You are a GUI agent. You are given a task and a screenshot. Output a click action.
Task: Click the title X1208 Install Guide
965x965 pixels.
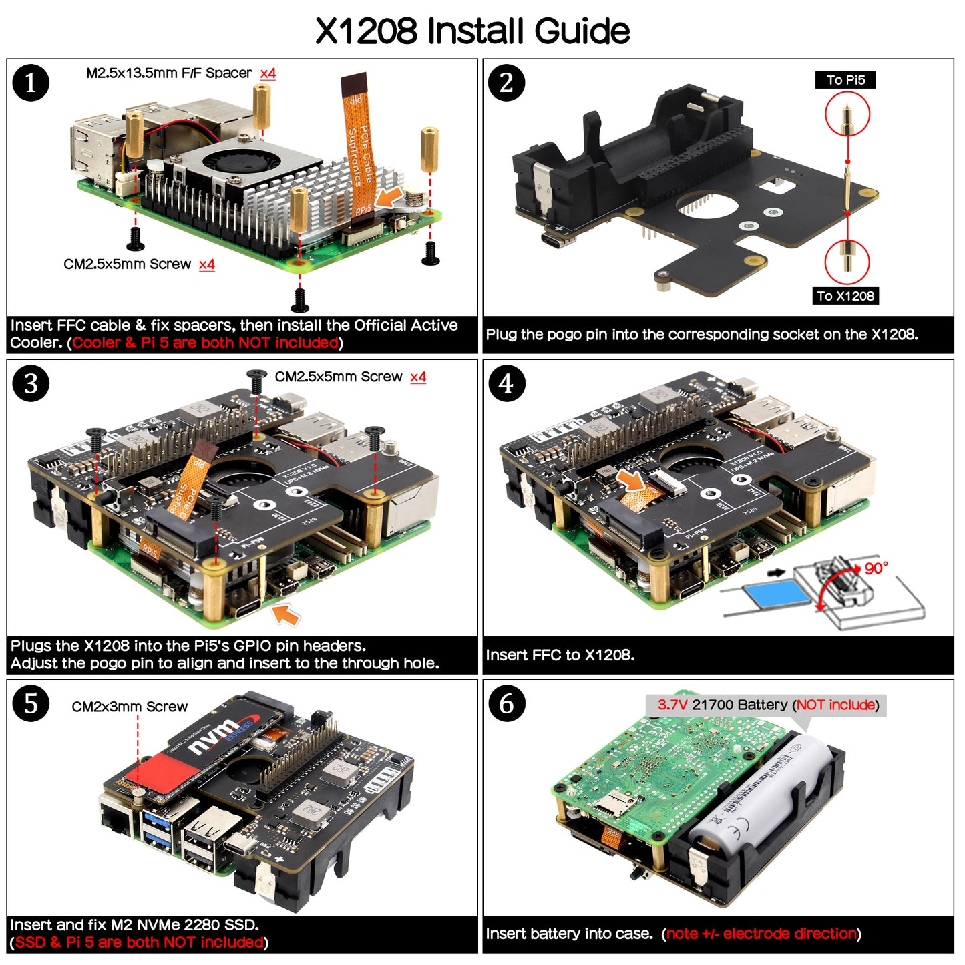[x=472, y=31]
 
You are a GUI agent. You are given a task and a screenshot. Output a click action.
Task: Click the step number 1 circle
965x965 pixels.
[x=31, y=83]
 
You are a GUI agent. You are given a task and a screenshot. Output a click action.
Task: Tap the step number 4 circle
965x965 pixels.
[x=506, y=383]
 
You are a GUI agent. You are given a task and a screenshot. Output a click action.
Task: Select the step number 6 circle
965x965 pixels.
[x=506, y=703]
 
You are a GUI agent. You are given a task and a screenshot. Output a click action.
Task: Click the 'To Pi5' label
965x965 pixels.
[x=845, y=80]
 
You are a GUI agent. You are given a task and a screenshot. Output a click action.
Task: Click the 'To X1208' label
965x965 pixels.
[x=845, y=296]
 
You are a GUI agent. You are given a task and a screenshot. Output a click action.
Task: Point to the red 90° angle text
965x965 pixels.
[x=876, y=568]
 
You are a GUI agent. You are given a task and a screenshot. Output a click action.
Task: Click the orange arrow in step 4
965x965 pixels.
[x=630, y=479]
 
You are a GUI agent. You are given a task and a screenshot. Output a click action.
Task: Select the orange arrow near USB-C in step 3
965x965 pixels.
[x=286, y=614]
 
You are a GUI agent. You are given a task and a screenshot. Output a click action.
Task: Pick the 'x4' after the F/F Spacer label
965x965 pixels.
[x=268, y=73]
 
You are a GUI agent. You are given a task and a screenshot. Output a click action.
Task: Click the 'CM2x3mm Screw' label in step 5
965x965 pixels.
[x=130, y=707]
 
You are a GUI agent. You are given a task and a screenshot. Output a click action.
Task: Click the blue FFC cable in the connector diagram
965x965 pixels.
[x=775, y=592]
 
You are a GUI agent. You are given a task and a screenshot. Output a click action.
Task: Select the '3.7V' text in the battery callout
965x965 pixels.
[x=672, y=705]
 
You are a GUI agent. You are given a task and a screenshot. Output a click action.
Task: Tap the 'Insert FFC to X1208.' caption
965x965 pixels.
[x=560, y=655]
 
